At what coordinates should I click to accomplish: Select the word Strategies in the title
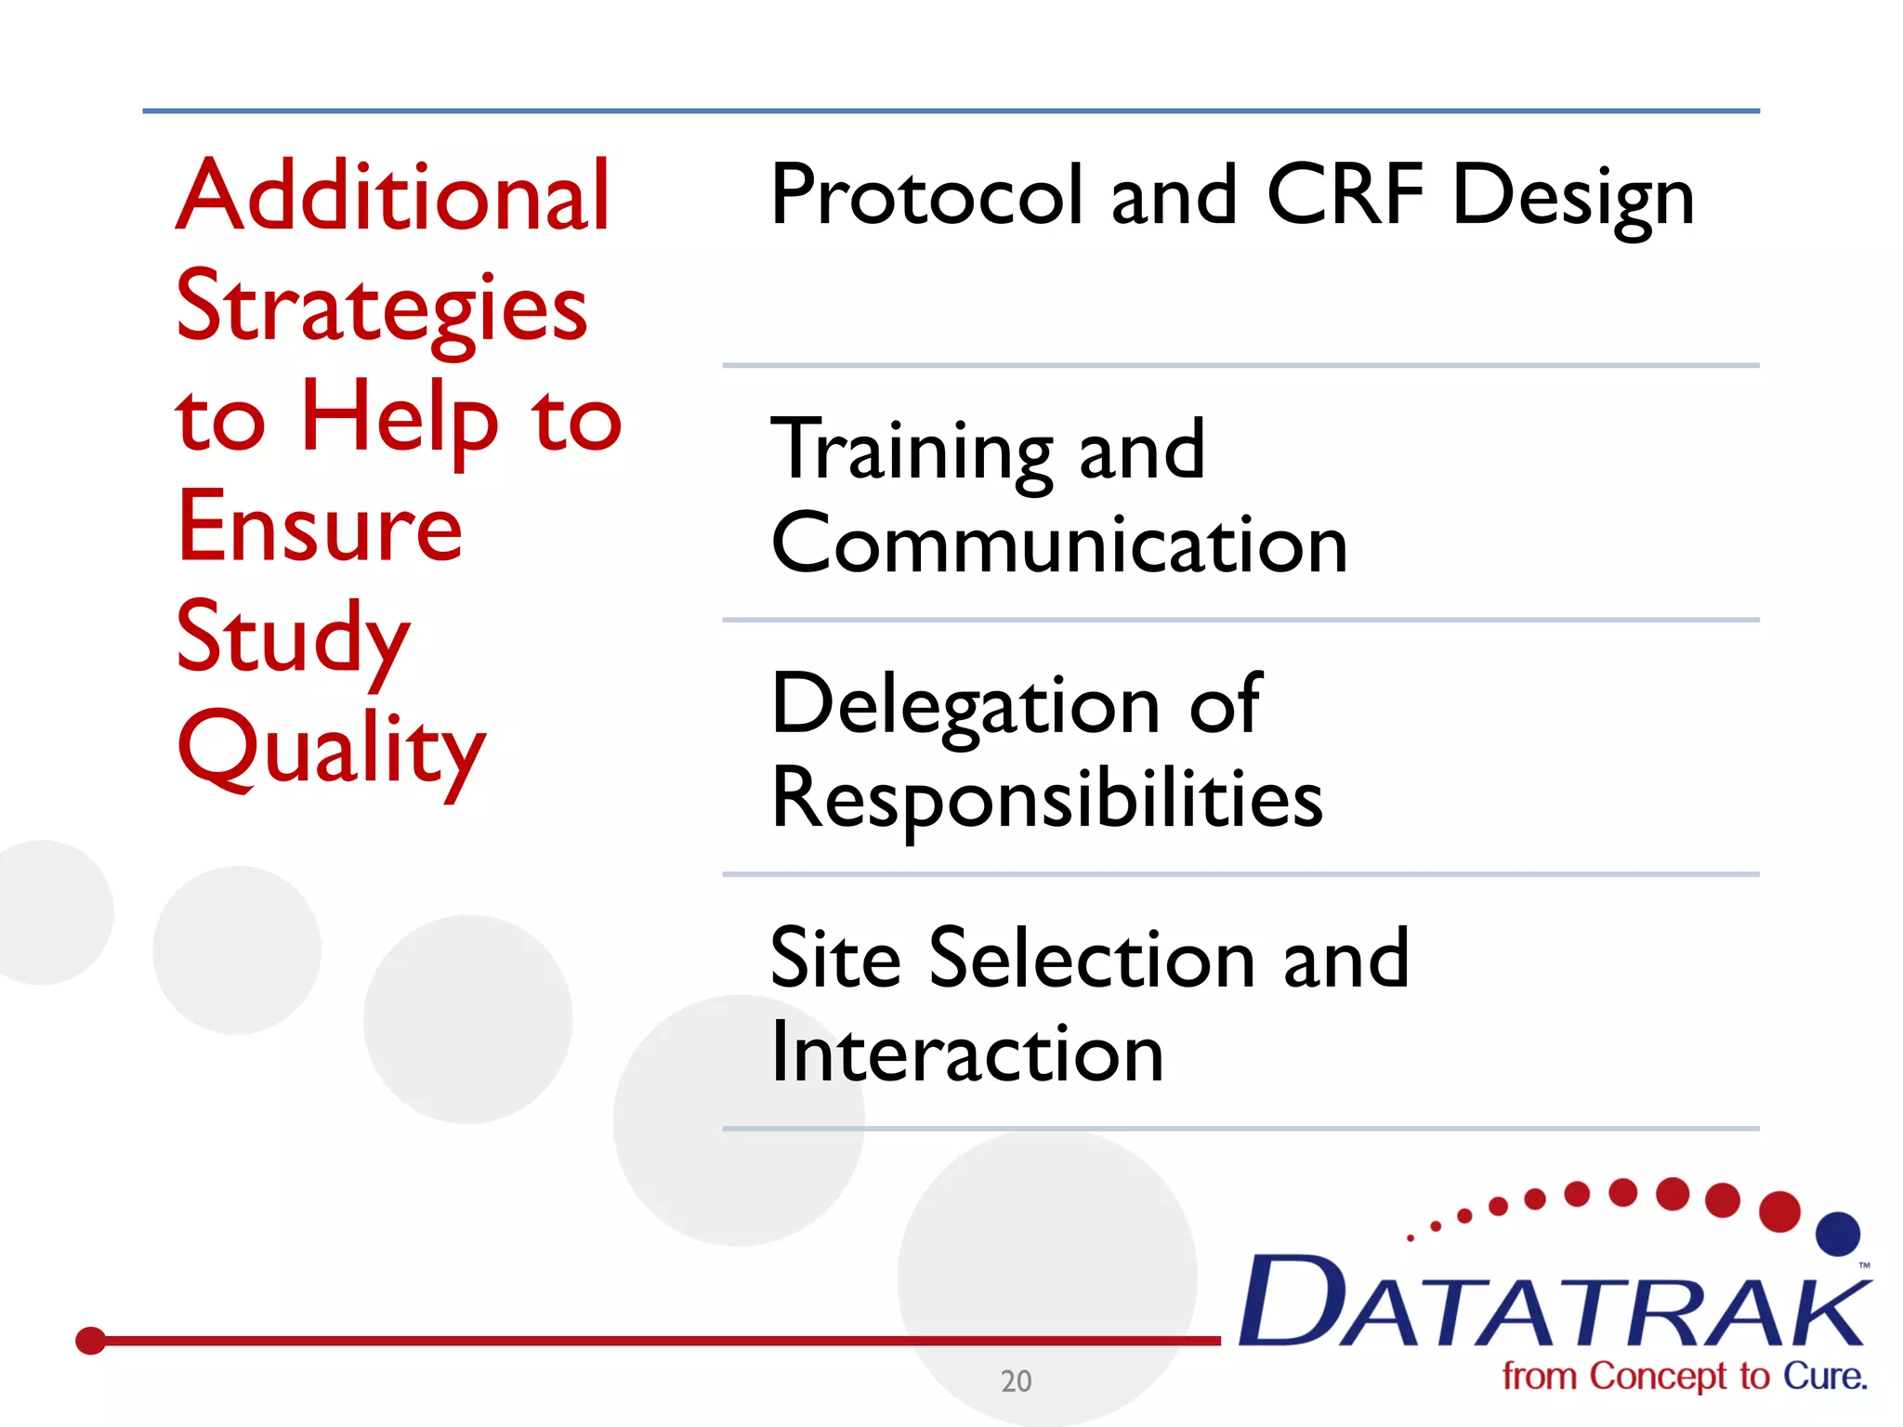pyautogui.click(x=381, y=308)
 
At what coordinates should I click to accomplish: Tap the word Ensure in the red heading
pyautogui.click(x=320, y=527)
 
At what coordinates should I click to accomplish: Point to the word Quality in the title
pyautogui.click(x=331, y=749)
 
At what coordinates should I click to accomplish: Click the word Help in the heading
pyautogui.click(x=400, y=418)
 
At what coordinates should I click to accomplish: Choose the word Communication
pyautogui.click(x=1058, y=544)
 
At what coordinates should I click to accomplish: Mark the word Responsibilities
pyautogui.click(x=1046, y=799)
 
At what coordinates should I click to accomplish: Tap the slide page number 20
pyautogui.click(x=1016, y=1381)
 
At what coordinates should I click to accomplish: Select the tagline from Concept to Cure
pyautogui.click(x=1684, y=1376)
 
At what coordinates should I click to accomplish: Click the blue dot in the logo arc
pyautogui.click(x=1837, y=1234)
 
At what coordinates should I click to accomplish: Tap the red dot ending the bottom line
pyautogui.click(x=90, y=1341)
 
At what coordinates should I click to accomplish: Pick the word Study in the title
pyautogui.click(x=293, y=639)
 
